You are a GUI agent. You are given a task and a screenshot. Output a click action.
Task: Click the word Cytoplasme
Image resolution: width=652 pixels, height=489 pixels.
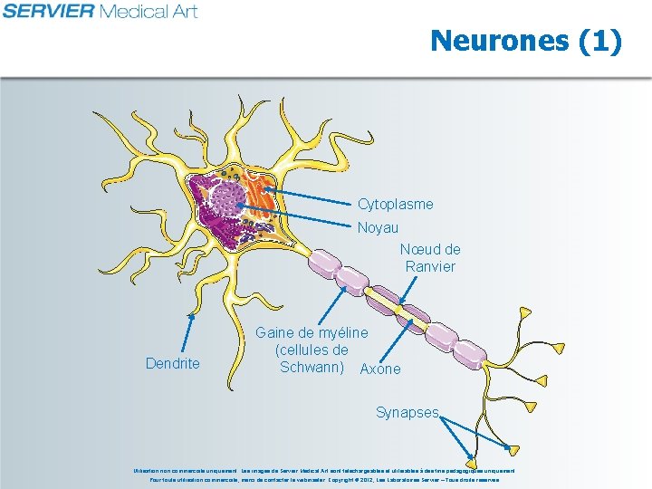pyautogui.click(x=395, y=205)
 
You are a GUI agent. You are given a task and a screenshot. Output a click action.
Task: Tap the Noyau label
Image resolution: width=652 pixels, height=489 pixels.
pyautogui.click(x=378, y=228)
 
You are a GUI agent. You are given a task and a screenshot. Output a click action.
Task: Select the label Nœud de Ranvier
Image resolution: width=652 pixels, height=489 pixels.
pyautogui.click(x=430, y=258)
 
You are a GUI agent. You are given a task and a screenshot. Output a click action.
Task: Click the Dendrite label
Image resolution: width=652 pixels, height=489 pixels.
pyautogui.click(x=172, y=364)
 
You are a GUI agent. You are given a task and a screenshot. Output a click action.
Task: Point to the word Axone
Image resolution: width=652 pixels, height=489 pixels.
pyautogui.click(x=380, y=369)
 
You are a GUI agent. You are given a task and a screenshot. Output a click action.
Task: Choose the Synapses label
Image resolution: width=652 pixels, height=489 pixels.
pyautogui.click(x=407, y=413)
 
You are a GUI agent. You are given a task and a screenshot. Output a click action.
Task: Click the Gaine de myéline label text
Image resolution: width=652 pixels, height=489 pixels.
pyautogui.click(x=312, y=350)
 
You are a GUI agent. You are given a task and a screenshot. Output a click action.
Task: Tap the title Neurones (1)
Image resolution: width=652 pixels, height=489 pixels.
pyautogui.click(x=526, y=41)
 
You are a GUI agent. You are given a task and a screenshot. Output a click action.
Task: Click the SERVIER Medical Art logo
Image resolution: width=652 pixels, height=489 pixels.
pyautogui.click(x=100, y=12)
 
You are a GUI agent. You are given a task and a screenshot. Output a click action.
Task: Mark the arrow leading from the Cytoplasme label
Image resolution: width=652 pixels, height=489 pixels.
pyautogui.click(x=308, y=195)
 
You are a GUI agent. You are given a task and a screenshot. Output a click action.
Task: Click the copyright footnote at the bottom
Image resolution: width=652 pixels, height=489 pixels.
pyautogui.click(x=325, y=475)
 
